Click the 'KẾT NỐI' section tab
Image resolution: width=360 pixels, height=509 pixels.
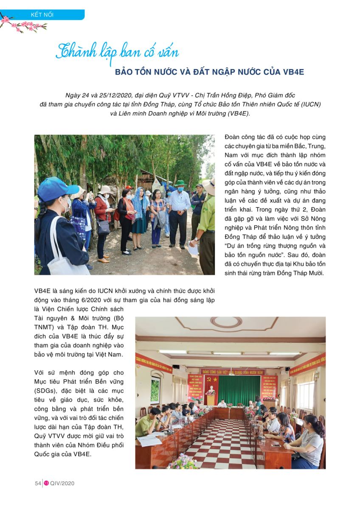(42, 15)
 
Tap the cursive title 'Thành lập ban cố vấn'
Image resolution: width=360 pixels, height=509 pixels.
(117, 52)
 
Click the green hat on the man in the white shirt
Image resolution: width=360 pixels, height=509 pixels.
(180, 183)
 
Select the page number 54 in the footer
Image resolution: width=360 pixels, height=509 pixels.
(38, 483)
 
